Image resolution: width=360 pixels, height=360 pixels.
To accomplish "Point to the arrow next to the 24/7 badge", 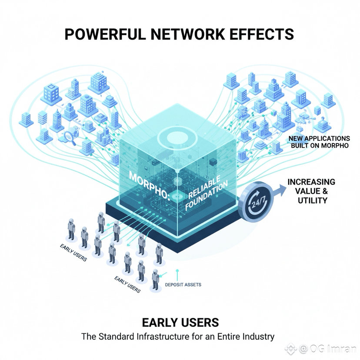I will point(279,190).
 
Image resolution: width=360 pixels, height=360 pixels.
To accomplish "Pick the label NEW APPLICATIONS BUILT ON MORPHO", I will point(319,142).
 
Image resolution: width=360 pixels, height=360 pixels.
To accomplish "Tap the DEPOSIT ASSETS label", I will point(183,285).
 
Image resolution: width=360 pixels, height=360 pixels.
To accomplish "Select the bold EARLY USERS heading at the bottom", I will point(180,323).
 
